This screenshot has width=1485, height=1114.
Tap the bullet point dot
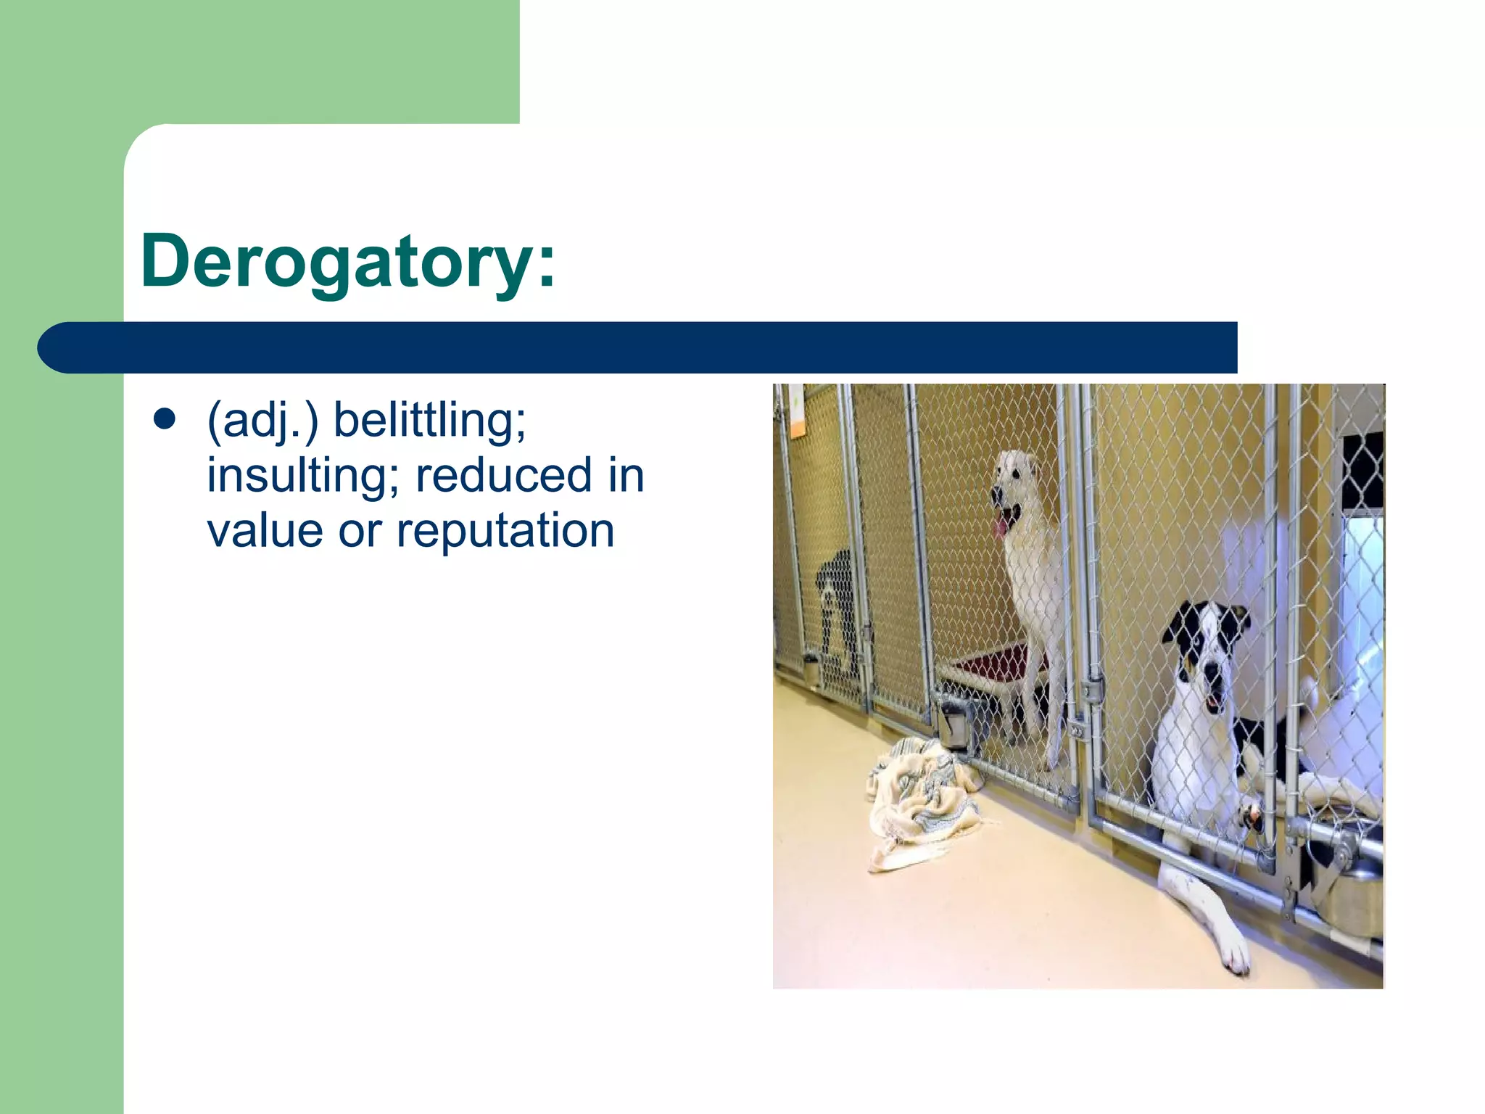[x=165, y=420]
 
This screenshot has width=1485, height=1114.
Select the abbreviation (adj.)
[x=262, y=421]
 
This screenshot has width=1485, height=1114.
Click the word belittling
[x=429, y=420]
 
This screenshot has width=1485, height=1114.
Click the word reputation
[x=505, y=532]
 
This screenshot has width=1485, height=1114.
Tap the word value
[x=265, y=532]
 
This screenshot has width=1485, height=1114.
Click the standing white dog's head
[x=1015, y=486]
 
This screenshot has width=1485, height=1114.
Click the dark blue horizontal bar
[x=638, y=348]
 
